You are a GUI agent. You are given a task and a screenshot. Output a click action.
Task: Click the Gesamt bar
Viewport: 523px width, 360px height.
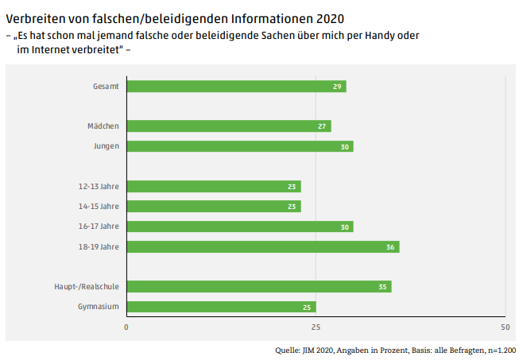(236, 86)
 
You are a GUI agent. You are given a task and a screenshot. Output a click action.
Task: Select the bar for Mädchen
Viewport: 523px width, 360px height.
(228, 126)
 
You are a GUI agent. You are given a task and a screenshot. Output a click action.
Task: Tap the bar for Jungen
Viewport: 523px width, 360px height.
(239, 146)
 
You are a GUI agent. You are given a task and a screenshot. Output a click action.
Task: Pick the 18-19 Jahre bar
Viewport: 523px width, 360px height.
(262, 246)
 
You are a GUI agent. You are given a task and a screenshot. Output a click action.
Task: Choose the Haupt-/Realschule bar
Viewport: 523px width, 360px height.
(258, 286)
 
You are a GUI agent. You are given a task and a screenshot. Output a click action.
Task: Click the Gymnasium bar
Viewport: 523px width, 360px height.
(221, 307)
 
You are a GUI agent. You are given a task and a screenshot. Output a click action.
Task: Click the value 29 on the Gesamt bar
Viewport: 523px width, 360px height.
(338, 86)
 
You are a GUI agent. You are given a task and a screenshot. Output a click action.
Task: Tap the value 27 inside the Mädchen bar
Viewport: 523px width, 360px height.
(323, 126)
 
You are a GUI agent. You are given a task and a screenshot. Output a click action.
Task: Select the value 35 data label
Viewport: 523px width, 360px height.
(383, 286)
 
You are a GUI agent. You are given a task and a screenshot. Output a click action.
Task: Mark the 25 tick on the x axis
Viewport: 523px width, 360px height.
(316, 327)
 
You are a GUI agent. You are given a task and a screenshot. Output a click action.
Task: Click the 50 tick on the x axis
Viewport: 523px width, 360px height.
(504, 327)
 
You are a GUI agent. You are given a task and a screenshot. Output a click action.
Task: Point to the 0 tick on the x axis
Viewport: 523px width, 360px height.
(126, 327)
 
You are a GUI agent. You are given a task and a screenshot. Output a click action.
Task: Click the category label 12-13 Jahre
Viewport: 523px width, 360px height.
(99, 187)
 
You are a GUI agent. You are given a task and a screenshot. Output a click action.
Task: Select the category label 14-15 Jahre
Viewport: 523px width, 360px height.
(99, 207)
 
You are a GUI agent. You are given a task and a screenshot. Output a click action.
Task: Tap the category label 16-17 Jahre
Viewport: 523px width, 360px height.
(99, 226)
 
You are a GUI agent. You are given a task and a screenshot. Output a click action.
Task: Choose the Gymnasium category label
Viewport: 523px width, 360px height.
(98, 307)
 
